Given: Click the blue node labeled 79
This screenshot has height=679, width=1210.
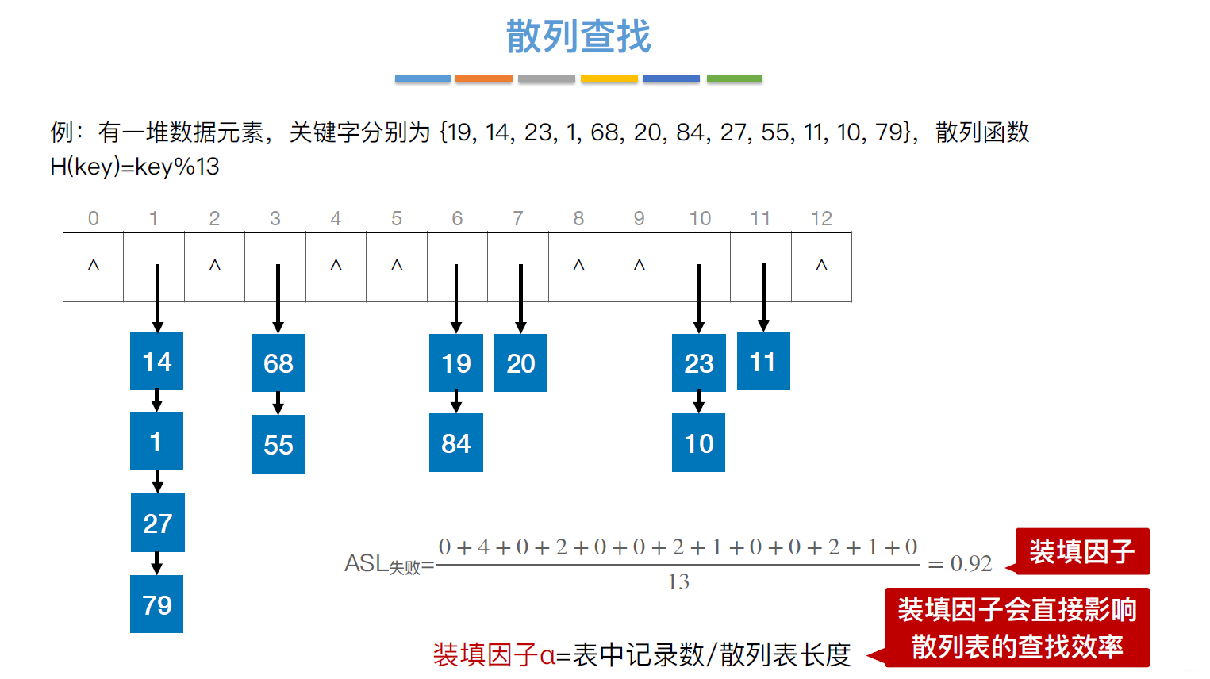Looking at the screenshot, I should [x=156, y=604].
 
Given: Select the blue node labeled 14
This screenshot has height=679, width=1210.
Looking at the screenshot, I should [x=156, y=362].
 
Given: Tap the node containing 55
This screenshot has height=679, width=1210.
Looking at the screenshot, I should [x=278, y=444].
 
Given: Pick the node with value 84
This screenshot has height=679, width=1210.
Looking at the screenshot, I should [x=455, y=443].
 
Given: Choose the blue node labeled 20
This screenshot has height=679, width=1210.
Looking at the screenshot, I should [x=520, y=363].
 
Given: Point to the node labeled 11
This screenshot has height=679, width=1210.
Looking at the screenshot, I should [x=762, y=362].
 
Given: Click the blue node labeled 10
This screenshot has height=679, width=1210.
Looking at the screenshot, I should [x=698, y=443].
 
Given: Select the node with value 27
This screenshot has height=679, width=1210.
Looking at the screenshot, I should [x=157, y=523].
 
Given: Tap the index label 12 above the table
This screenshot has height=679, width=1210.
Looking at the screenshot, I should [x=821, y=218].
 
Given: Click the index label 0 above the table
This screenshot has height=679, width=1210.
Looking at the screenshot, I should [x=94, y=218].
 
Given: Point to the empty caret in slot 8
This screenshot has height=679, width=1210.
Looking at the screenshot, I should [x=578, y=265].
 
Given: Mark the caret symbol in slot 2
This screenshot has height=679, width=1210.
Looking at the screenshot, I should [x=214, y=265].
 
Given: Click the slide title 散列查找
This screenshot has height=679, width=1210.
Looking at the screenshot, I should [x=578, y=36].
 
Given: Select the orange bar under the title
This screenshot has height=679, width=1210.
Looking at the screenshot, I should [x=483, y=79].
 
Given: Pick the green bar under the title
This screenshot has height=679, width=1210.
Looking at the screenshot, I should [x=734, y=79].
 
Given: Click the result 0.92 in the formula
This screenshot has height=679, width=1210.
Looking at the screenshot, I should [x=971, y=563].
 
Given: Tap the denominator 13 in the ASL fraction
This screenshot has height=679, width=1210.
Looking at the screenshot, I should [x=678, y=582].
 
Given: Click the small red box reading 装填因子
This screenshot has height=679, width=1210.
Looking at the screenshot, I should [x=1081, y=551].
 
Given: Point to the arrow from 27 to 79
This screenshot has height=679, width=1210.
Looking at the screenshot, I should [x=157, y=562].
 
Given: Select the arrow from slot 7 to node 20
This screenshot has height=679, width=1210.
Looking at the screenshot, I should [x=520, y=297].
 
